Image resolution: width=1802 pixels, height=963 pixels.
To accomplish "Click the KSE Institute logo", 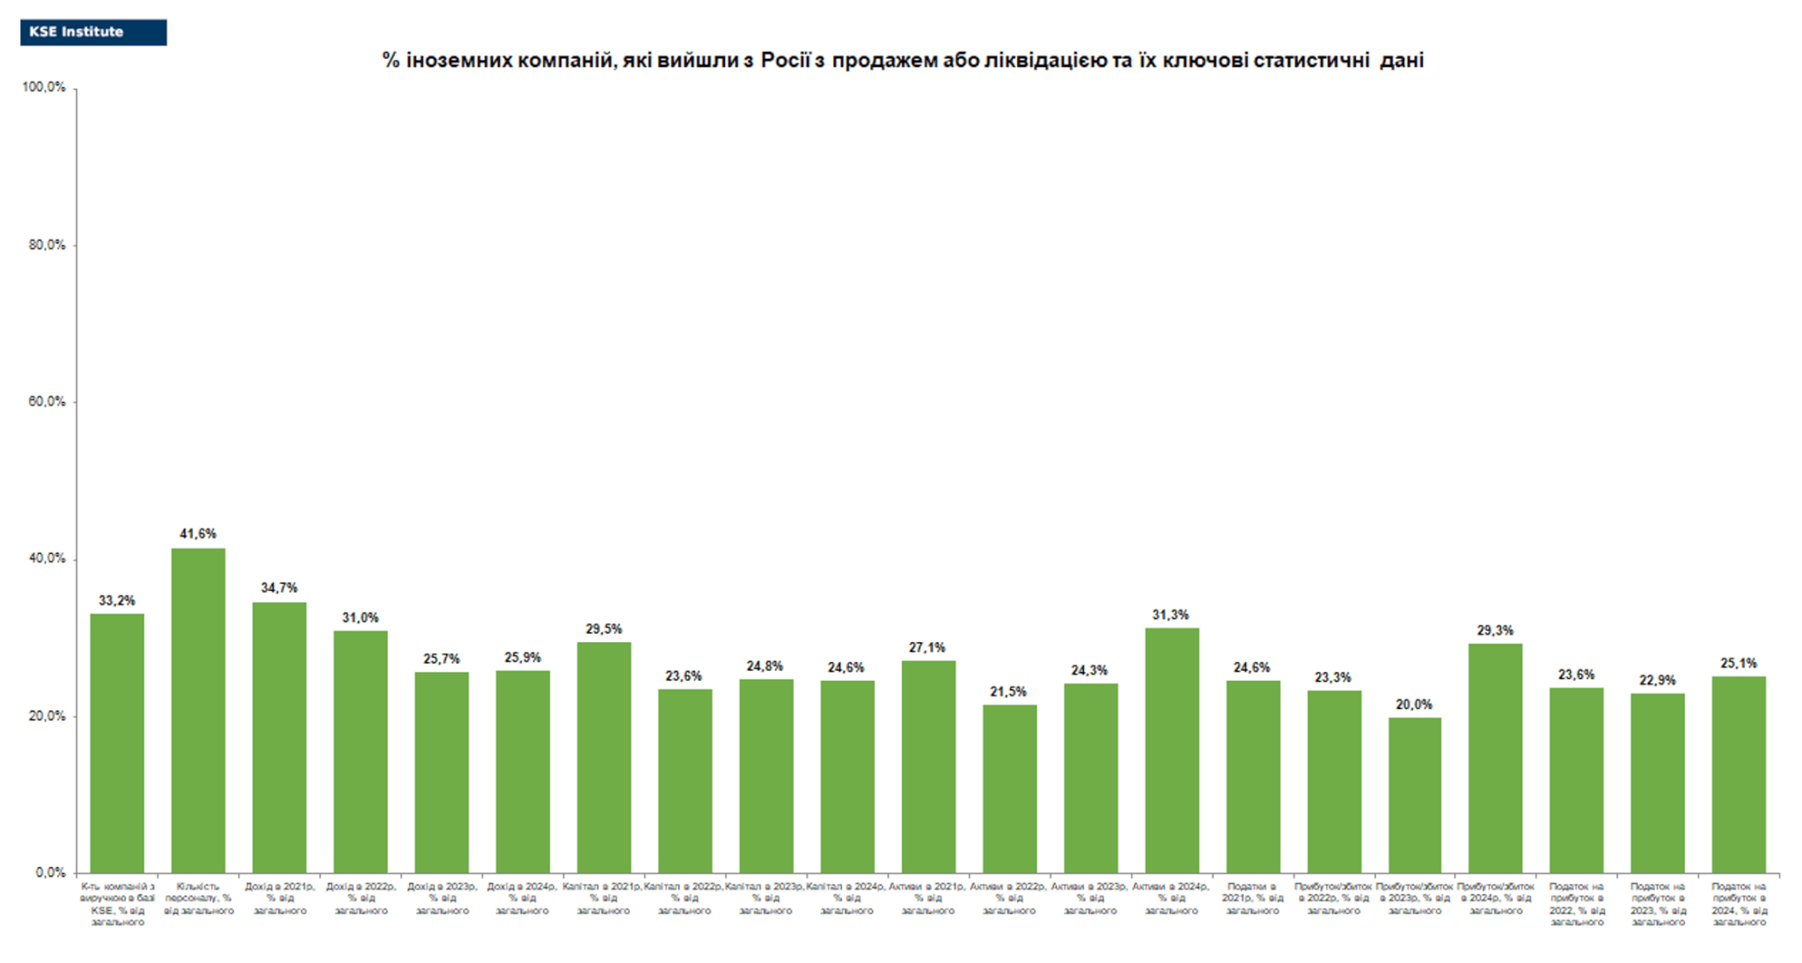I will (93, 33).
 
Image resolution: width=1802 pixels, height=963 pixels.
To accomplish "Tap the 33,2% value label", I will (117, 601).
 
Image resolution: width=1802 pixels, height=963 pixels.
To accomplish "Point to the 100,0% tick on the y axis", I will (44, 87).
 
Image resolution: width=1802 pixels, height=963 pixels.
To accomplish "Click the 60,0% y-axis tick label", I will (47, 402).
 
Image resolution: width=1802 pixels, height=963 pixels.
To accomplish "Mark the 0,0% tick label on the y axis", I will (50, 872).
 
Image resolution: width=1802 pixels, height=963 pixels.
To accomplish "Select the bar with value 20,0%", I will (1415, 795).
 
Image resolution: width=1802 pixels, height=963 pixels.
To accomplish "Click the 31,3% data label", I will (1170, 615).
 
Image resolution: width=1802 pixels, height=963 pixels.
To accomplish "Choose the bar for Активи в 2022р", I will (1009, 789).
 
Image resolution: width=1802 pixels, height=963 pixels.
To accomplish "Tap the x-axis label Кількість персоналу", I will (198, 899).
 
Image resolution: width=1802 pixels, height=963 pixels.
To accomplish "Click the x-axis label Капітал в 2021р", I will (604, 899).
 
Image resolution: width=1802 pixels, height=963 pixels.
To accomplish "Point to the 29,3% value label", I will (1495, 631).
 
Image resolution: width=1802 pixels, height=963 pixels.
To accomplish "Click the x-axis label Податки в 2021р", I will (1252, 899).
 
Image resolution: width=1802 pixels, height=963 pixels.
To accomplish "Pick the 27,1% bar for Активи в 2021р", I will (928, 766).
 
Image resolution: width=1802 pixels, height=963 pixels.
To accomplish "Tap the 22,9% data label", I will (1658, 681).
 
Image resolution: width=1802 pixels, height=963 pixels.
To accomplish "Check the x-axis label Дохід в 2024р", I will (523, 899).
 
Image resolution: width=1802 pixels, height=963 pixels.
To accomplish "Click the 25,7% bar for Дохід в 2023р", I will (442, 772).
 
